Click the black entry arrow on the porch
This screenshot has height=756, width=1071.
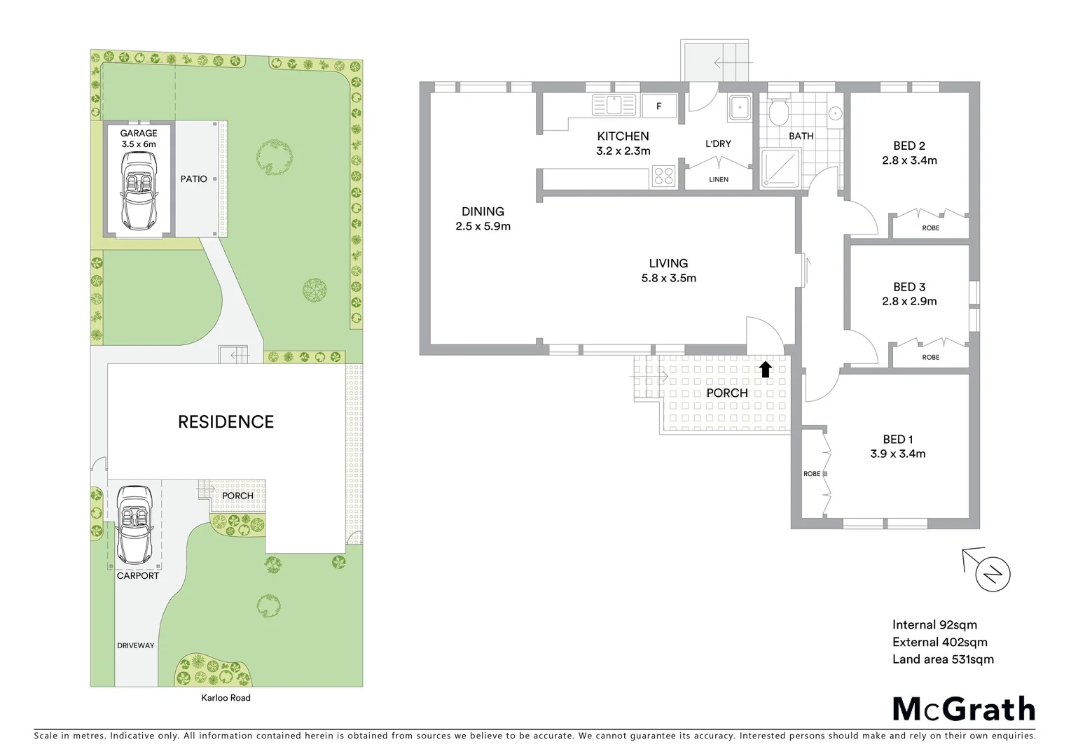766,369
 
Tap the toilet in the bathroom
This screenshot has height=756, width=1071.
778,111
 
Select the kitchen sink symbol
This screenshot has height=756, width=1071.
614,106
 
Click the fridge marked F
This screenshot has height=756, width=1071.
659,106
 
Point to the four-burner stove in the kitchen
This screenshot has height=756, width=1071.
663,176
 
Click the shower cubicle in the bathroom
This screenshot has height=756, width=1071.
780,168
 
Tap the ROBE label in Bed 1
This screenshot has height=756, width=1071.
812,474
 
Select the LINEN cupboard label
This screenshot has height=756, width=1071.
719,180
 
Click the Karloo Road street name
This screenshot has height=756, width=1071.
226,698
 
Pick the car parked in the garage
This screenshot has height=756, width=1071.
138,190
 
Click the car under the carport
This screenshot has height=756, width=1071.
134,525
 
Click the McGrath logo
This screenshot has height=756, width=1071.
963,709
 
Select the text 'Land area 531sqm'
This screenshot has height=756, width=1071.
943,659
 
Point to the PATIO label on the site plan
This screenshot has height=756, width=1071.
194,179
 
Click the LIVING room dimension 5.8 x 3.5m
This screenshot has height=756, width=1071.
668,278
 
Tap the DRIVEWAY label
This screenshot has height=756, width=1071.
136,645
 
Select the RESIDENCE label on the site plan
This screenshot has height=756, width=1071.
226,422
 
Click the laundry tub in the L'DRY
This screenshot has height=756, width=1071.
738,107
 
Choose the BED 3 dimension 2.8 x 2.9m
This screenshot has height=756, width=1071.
909,302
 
